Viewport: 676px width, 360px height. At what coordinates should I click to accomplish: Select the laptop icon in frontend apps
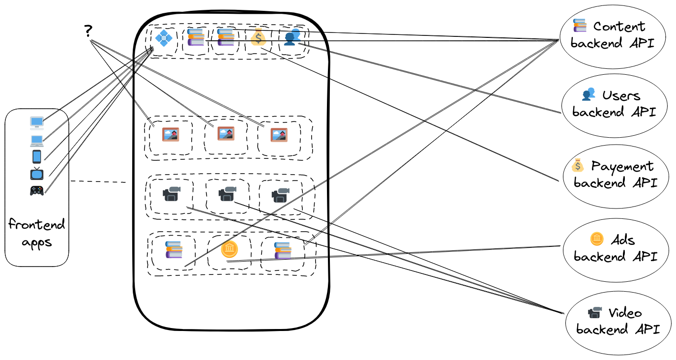point(37,141)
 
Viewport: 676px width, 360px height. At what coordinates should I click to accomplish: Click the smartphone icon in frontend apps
point(37,156)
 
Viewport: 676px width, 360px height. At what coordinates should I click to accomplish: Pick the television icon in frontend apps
point(37,174)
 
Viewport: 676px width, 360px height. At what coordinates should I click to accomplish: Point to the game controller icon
point(37,190)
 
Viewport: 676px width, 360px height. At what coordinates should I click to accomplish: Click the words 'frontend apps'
point(37,234)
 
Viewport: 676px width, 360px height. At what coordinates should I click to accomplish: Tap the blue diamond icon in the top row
point(162,37)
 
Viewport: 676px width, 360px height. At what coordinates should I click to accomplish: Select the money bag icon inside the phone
point(258,37)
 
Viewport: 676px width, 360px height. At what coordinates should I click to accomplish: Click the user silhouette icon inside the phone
point(292,37)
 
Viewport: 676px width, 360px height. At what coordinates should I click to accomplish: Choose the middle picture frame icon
point(226,133)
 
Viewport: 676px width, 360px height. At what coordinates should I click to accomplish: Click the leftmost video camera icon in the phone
point(172,194)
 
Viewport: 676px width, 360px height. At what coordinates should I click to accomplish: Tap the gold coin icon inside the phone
point(229,250)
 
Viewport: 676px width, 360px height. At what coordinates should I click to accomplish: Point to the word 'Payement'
point(622,166)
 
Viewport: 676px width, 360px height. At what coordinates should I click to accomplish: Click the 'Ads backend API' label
point(615,248)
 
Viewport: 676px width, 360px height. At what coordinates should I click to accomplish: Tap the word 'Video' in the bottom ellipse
point(625,313)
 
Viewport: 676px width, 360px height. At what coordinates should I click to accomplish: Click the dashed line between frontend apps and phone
point(98,182)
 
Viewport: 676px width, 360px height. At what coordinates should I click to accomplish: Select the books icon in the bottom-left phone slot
point(174,250)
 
